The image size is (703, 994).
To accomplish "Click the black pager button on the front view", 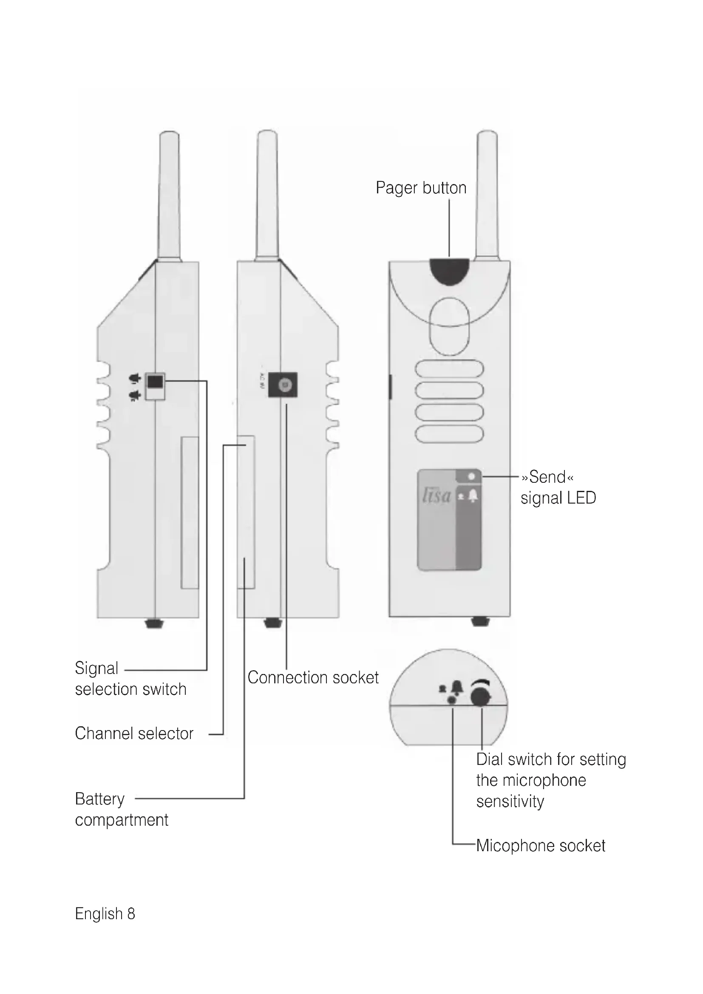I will [x=449, y=271].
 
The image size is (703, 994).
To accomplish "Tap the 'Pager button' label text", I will [x=421, y=188].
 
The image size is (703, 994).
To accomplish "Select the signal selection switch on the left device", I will [x=155, y=382].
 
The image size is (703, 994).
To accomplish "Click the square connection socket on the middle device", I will [x=283, y=385].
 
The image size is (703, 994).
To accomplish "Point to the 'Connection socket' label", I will [x=312, y=677].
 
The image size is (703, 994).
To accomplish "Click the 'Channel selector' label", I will [x=134, y=733].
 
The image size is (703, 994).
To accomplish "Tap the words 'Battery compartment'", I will [x=121, y=809].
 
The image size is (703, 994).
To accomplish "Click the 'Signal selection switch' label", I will [x=130, y=678].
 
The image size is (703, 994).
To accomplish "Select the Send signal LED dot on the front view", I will [x=471, y=477].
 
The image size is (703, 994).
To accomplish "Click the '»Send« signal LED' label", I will [x=558, y=487].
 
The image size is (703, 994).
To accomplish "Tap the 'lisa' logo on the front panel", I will [x=437, y=496].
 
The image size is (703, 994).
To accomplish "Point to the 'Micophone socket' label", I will [x=540, y=846].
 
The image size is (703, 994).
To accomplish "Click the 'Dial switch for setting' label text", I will [x=550, y=759].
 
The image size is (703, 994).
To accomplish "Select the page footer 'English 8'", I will [x=105, y=914].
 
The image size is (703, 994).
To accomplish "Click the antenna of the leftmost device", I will [x=169, y=195].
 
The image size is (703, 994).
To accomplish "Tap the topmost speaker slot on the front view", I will [x=449, y=369].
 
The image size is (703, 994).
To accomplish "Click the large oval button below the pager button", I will [x=449, y=326].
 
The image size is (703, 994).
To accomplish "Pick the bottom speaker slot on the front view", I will [x=449, y=434].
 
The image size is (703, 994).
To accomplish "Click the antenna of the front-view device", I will [x=487, y=195].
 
